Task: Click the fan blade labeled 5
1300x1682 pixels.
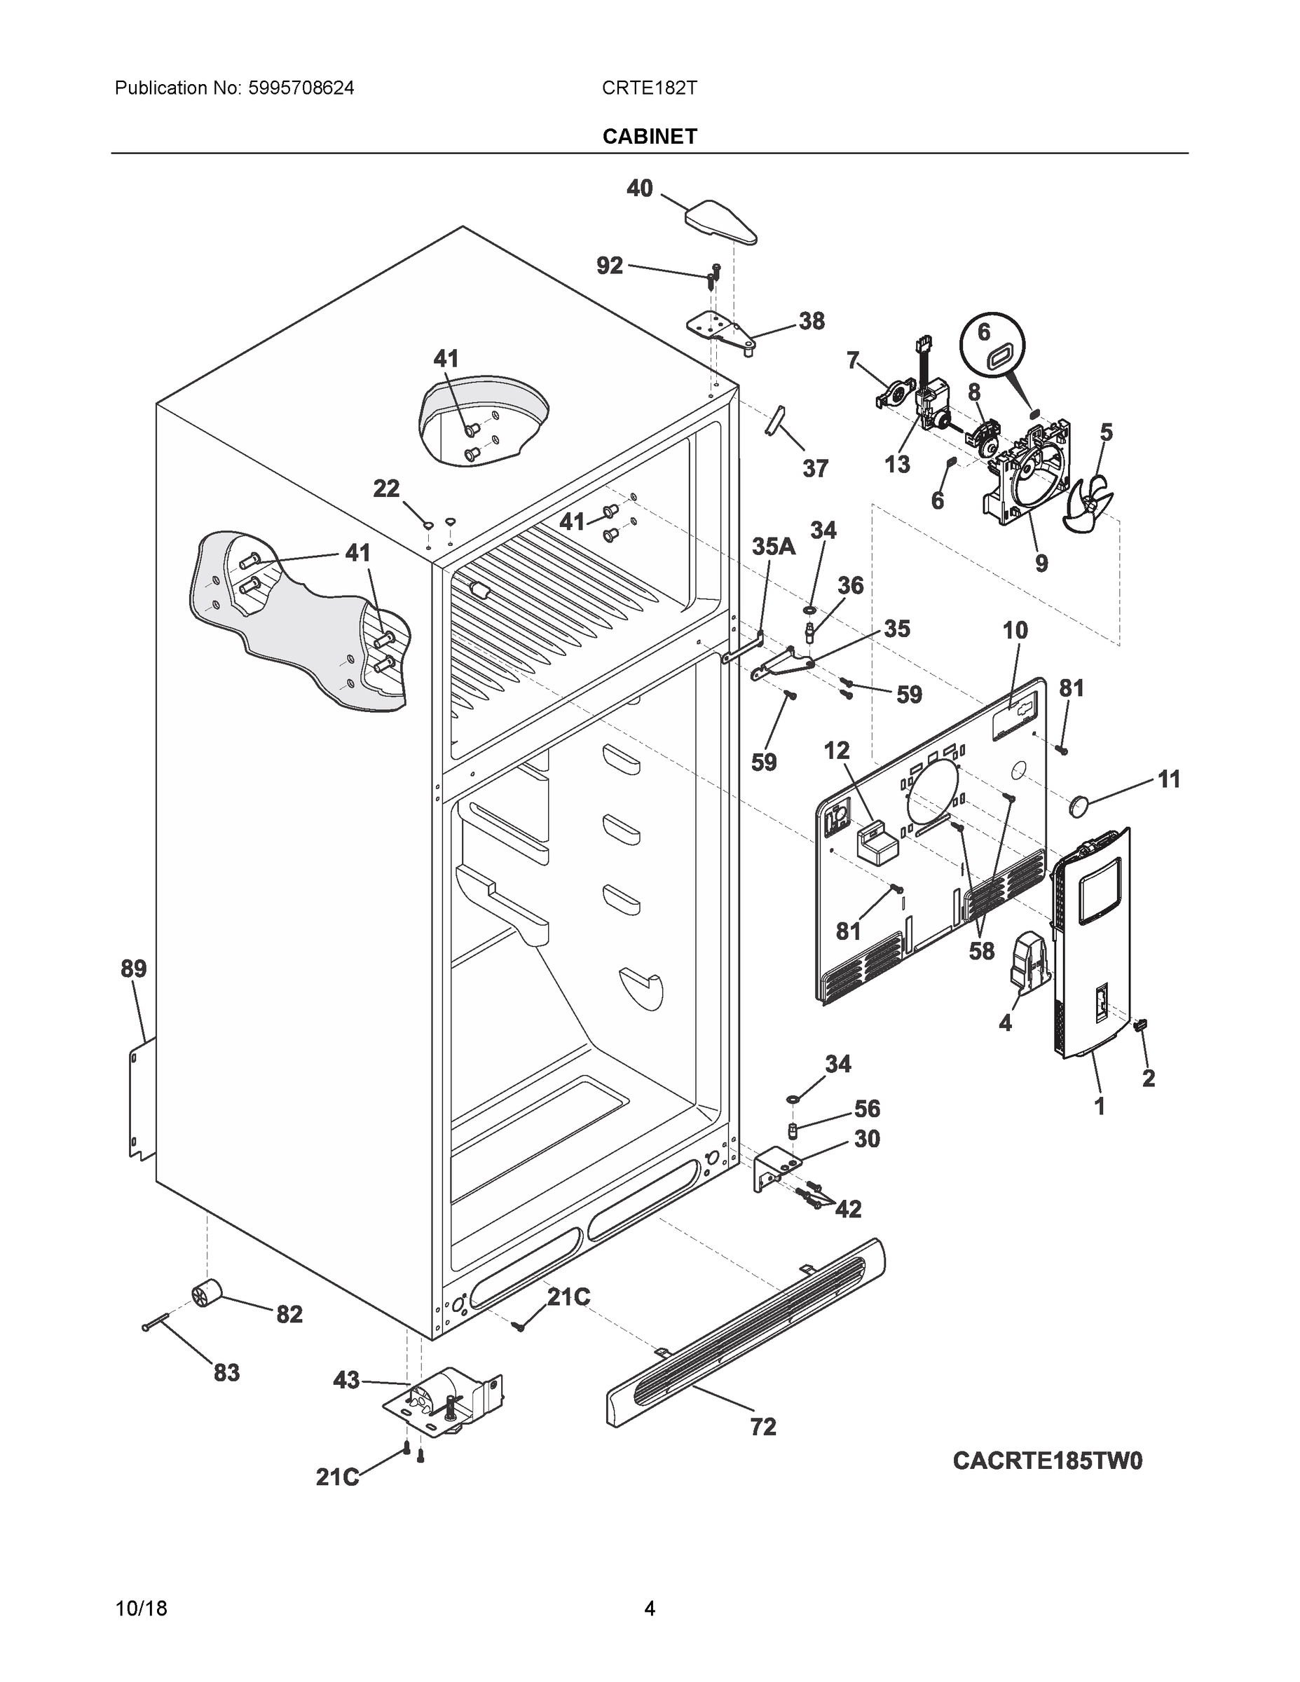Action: point(1088,502)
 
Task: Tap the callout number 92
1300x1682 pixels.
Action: point(609,266)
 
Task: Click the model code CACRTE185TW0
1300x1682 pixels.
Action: point(1048,1461)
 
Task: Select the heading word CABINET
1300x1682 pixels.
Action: point(649,137)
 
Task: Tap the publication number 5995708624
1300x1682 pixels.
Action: point(301,88)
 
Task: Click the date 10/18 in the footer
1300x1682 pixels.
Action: point(141,1608)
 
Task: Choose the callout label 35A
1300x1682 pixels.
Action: point(772,546)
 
